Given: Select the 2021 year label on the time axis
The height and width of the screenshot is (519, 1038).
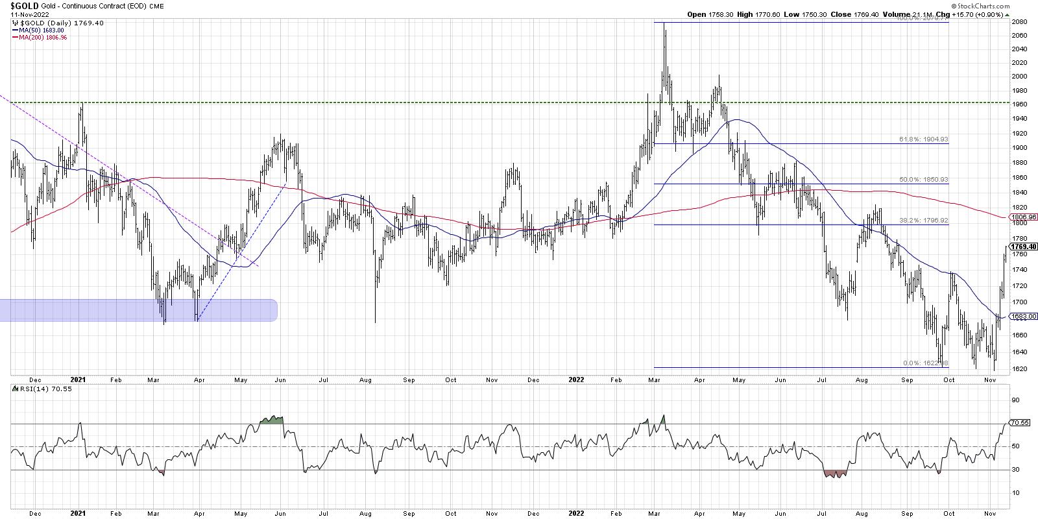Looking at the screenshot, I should [x=78, y=379].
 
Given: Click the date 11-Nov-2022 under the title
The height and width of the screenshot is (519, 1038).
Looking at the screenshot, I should [x=20, y=14].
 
